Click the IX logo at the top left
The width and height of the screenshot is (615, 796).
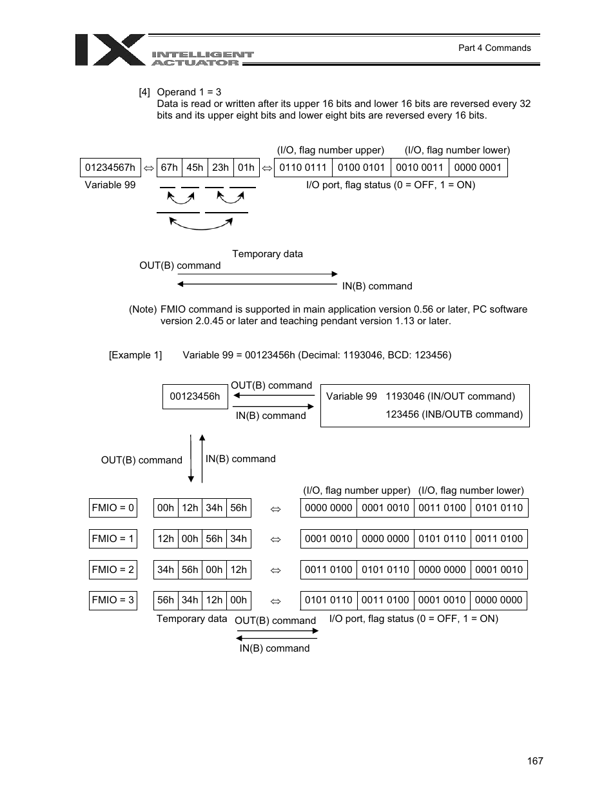110,50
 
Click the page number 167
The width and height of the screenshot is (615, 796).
534,761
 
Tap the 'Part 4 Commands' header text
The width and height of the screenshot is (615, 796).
494,48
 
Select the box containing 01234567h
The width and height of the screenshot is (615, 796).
110,168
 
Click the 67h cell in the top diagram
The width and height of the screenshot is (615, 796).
170,168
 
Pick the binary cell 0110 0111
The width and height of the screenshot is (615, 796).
303,168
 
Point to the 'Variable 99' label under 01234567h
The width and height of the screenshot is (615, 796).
110,185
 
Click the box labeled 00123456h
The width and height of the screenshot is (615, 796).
195,396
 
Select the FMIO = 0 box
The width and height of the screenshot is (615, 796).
113,508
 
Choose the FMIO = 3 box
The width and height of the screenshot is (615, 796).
113,600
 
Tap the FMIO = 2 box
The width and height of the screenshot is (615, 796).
113,570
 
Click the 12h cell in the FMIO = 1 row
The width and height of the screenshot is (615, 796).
166,539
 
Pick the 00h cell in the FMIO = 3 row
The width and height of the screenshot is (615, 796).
239,600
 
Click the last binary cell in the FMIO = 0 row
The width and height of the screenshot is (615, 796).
499,508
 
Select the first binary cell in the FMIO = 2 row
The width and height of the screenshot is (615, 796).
329,570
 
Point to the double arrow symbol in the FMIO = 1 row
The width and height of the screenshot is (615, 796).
276,539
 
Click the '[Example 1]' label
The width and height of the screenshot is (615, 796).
135,355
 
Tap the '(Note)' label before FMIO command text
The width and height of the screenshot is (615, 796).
142,309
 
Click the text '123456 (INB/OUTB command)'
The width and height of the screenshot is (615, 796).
454,414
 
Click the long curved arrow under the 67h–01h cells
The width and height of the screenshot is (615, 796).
201,225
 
